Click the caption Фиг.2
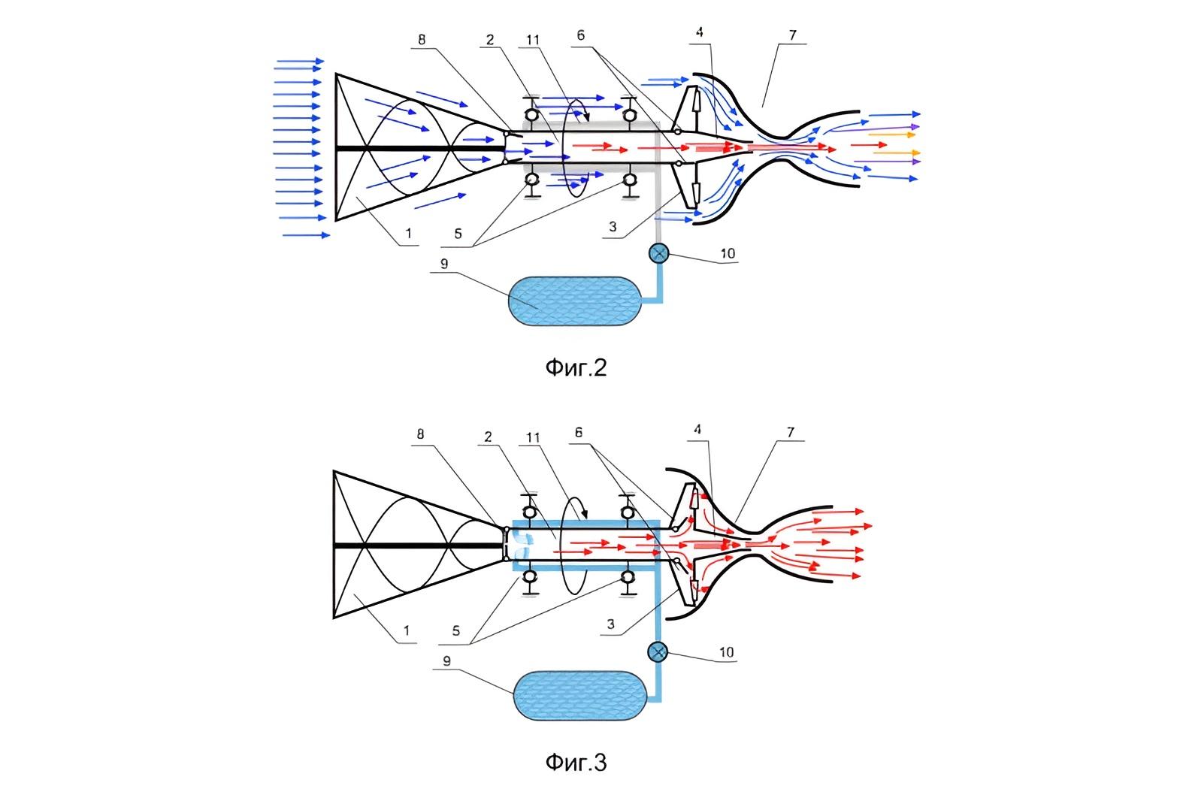pos(576,367)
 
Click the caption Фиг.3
pos(576,763)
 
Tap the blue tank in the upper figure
pos(575,301)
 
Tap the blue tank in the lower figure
pos(580,696)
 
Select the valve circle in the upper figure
pos(658,253)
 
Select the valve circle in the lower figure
pos(658,651)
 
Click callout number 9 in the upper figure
pos(444,264)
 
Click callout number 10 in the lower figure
pos(727,652)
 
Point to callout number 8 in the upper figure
pos(422,40)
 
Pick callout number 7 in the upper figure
pos(792,35)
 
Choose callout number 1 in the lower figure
pos(406,630)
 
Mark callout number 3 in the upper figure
pos(613,227)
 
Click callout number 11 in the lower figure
pos(533,438)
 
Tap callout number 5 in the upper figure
pos(458,234)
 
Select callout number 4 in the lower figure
pos(697,429)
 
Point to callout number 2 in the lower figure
pos(488,437)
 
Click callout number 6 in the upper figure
pos(580,35)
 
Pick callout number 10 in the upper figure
pos(728,253)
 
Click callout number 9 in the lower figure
pos(447,660)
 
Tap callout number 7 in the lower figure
pos(790,433)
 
